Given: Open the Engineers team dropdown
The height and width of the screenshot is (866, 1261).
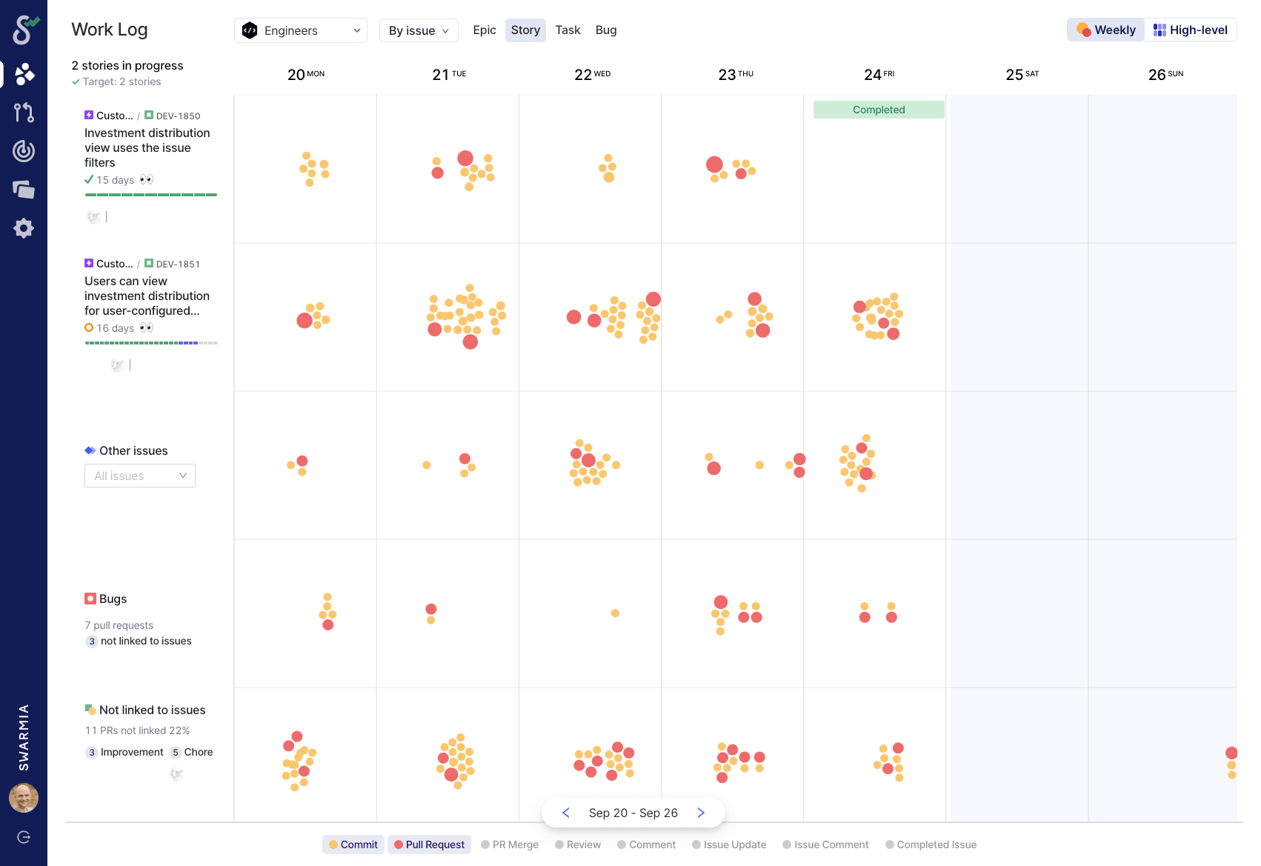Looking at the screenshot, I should coord(300,30).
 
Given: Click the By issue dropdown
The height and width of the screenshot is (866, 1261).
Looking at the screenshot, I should coord(419,30).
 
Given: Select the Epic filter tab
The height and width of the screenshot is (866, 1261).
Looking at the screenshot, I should coord(485,30).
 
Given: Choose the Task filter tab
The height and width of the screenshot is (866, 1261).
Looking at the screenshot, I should coord(568,30).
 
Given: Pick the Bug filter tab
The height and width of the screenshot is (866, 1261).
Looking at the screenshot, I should coord(606,30).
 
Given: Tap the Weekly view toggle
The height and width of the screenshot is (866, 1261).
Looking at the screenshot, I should coord(1106,30).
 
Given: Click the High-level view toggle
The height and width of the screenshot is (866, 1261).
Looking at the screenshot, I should coord(1191,30).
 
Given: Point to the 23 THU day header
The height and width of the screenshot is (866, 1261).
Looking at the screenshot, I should coord(735,74).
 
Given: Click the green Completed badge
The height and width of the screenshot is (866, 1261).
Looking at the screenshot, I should coord(879,110).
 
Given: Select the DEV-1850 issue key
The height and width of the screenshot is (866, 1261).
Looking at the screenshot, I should coord(178,116).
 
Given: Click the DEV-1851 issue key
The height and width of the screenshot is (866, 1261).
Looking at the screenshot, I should coord(178,264).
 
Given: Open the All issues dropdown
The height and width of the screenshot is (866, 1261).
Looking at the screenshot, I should coord(140,476).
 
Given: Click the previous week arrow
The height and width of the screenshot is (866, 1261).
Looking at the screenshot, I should coord(566,813).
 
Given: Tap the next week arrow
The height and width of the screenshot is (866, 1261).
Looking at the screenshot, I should coord(701,813).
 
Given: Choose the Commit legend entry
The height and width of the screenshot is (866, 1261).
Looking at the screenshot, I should coord(353,845).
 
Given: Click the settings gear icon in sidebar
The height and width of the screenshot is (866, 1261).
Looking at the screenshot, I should coord(24,228).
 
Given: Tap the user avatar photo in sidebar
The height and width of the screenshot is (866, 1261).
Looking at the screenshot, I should coord(24,798).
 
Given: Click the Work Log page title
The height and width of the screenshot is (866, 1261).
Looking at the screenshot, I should coord(110,30).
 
